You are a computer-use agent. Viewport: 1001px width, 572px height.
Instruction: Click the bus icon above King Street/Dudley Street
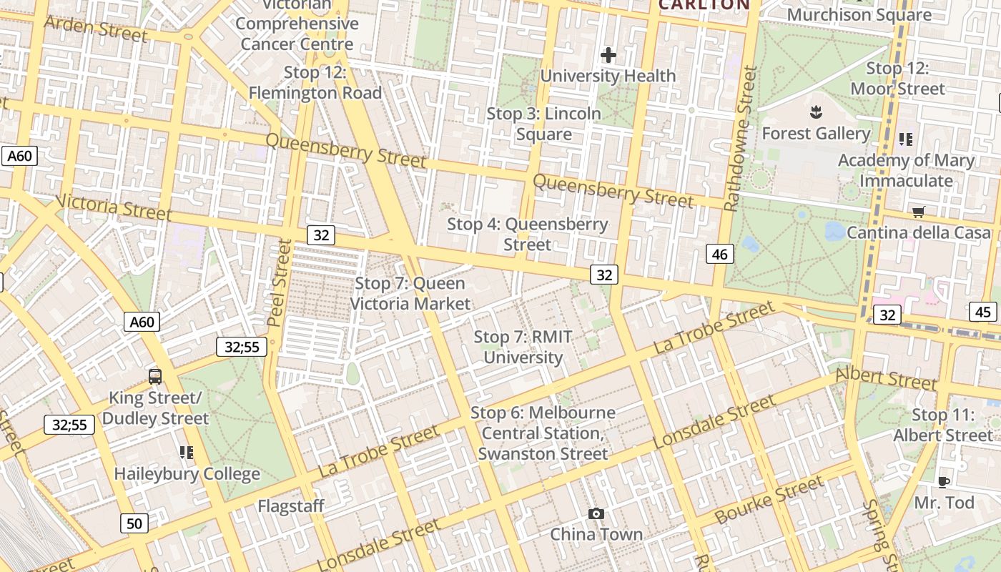click(x=154, y=376)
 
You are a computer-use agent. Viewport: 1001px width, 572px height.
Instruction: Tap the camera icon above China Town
click(x=596, y=513)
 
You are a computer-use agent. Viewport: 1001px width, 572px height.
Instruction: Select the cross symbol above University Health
click(x=608, y=55)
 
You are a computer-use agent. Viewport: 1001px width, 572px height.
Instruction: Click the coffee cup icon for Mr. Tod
click(x=944, y=482)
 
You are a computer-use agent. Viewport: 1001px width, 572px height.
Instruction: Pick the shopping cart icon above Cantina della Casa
click(x=918, y=212)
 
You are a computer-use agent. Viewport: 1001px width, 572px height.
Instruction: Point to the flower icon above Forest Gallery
click(x=815, y=112)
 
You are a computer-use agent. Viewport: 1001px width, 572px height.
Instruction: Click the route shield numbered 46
click(x=719, y=253)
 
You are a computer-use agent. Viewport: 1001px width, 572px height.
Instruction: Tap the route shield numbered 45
click(x=983, y=312)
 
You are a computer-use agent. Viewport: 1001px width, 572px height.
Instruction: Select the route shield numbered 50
click(x=134, y=523)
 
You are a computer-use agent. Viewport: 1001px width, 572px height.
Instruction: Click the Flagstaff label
click(x=291, y=506)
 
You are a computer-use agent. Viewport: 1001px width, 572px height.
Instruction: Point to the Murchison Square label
click(x=859, y=14)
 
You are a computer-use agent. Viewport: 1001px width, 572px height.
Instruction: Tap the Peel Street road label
click(x=280, y=282)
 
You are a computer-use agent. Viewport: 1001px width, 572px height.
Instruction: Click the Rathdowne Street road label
click(x=740, y=139)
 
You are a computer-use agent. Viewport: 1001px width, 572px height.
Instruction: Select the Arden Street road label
click(x=96, y=28)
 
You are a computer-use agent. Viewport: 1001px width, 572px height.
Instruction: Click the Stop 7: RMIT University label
click(x=523, y=347)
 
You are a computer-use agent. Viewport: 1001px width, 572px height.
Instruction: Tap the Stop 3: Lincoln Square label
click(x=544, y=124)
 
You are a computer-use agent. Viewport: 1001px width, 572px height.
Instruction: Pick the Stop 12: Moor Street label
click(x=897, y=79)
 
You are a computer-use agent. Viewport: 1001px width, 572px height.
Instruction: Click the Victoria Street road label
click(x=114, y=207)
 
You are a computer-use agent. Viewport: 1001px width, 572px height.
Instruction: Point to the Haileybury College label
click(x=187, y=473)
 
